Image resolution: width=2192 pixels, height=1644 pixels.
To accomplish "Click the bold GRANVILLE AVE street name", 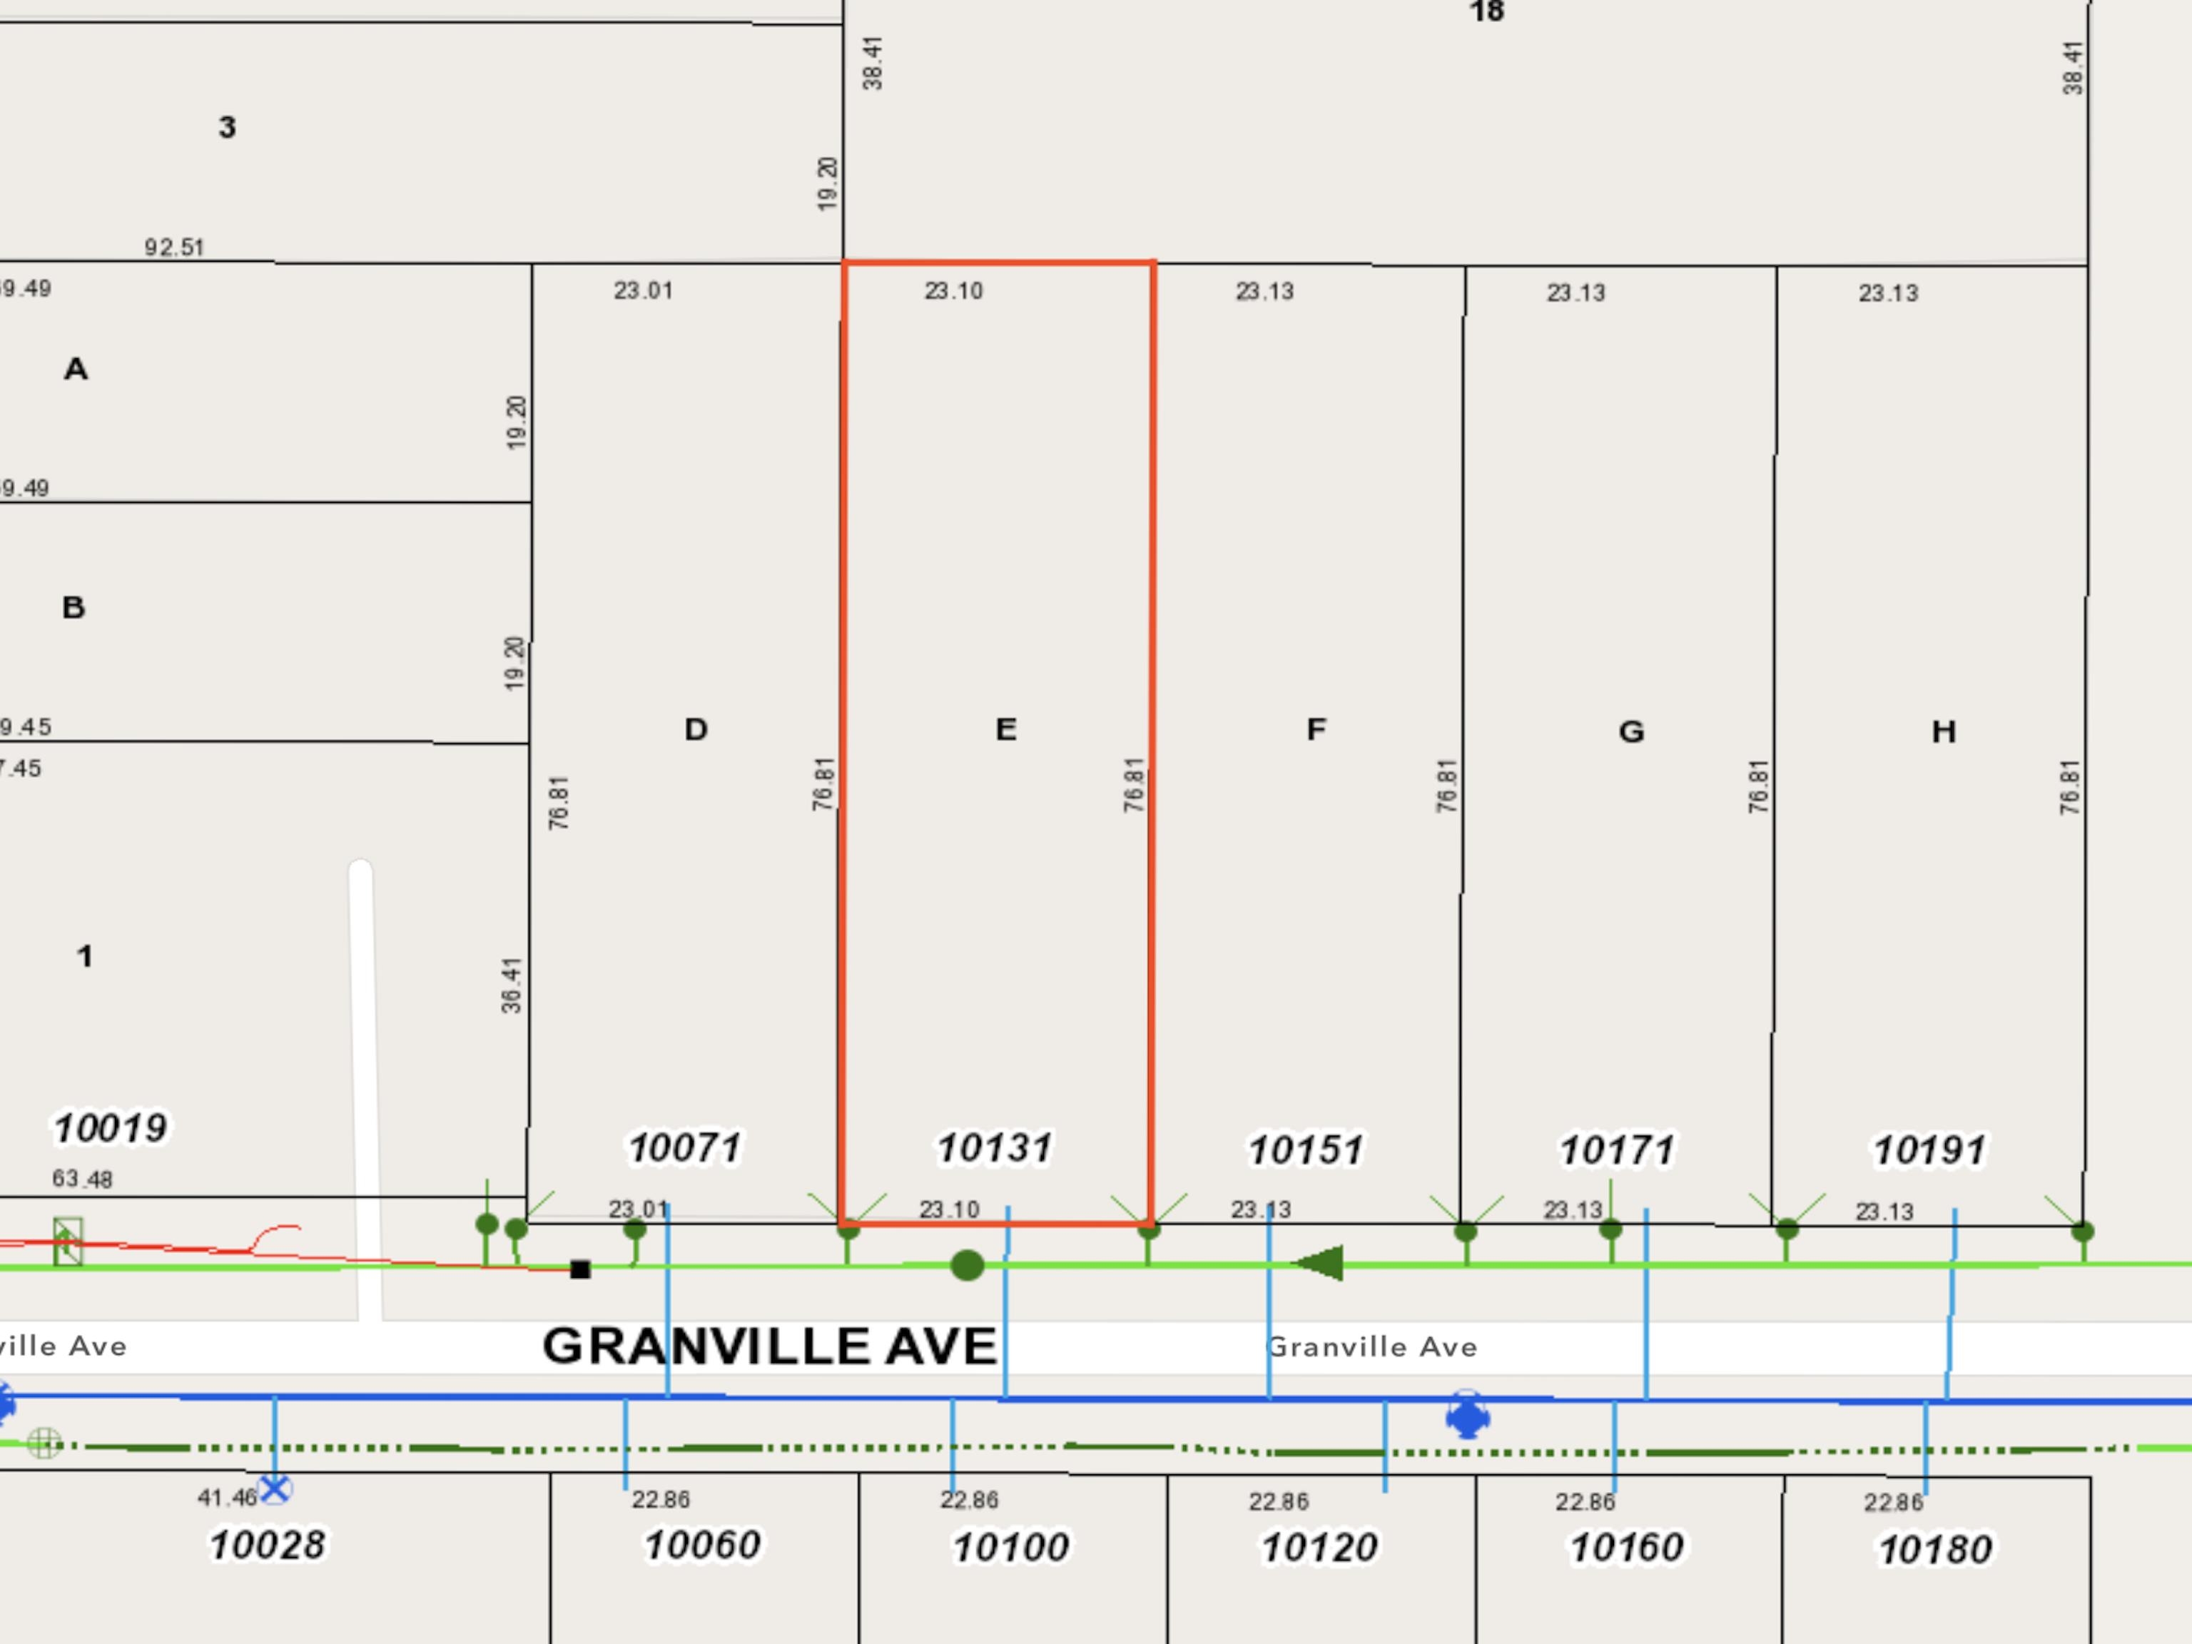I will pyautogui.click(x=769, y=1346).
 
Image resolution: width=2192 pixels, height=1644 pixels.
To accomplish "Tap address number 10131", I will pyautogui.click(x=994, y=1147).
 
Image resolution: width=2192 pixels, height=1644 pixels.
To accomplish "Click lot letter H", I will pyautogui.click(x=1943, y=731).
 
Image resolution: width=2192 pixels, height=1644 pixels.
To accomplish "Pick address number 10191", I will pyautogui.click(x=1929, y=1150).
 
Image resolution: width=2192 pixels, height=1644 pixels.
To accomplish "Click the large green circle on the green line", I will pyautogui.click(x=967, y=1264).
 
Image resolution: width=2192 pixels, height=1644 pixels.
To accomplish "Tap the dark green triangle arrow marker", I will pyautogui.click(x=1320, y=1264).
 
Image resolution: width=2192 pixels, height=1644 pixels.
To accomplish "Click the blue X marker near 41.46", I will pyautogui.click(x=275, y=1488).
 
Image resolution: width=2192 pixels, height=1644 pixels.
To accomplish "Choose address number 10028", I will pyautogui.click(x=267, y=1544).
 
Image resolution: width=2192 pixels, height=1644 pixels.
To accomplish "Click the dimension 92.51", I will pyautogui.click(x=174, y=247).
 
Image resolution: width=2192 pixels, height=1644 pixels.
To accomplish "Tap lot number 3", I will pyautogui.click(x=227, y=127).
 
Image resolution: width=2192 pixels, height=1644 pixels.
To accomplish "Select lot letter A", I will pyautogui.click(x=76, y=369).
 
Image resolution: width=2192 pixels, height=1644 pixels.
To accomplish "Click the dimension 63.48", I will pyautogui.click(x=82, y=1178).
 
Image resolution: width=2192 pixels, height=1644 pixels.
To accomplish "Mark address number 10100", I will pyautogui.click(x=1011, y=1546).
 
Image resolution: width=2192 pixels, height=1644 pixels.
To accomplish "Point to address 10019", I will pyautogui.click(x=110, y=1127).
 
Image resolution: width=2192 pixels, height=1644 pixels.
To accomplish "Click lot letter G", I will pyautogui.click(x=1631, y=731).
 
